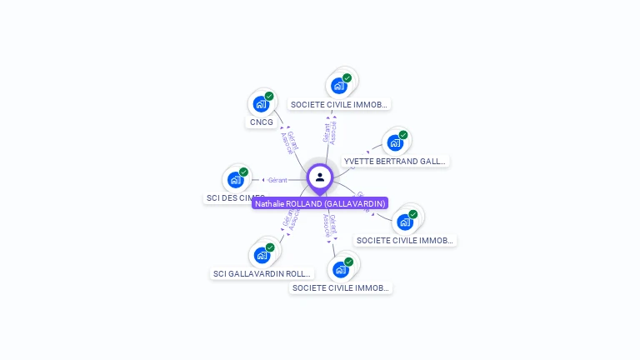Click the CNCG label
pyautogui.click(x=261, y=122)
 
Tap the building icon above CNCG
pyautogui.click(x=261, y=104)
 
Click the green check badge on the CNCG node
pyautogui.click(x=269, y=97)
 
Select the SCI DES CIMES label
pyautogui.click(x=235, y=198)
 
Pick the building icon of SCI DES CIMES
pyautogui.click(x=235, y=179)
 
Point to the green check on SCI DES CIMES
pyautogui.click(x=243, y=172)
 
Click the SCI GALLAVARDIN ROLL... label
pyautogui.click(x=262, y=273)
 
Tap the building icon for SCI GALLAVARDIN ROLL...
pyautogui.click(x=262, y=255)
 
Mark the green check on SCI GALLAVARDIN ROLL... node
pyautogui.click(x=270, y=247)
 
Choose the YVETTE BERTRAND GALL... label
pyautogui.click(x=396, y=161)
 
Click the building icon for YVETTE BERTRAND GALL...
pyautogui.click(x=395, y=142)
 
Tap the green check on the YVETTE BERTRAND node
pyautogui.click(x=403, y=135)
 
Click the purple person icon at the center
pyautogui.click(x=320, y=177)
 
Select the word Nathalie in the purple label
pyautogui.click(x=270, y=203)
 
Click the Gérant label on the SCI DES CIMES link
pyautogui.click(x=277, y=180)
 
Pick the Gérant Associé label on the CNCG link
pyautogui.click(x=290, y=142)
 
